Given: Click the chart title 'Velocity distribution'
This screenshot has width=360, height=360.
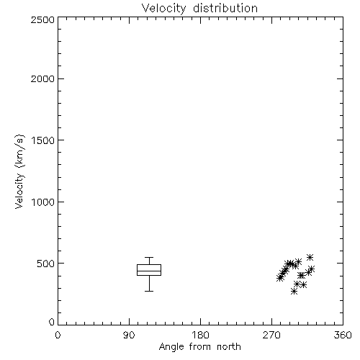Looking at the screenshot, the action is pyautogui.click(x=199, y=9).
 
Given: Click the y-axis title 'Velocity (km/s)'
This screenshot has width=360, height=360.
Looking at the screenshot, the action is pyautogui.click(x=19, y=171).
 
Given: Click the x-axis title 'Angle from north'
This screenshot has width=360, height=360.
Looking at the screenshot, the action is pyautogui.click(x=199, y=347).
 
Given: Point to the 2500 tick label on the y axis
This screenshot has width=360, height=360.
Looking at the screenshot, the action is pyautogui.click(x=42, y=19).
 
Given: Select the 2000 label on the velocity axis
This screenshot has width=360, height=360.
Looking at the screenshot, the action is pyautogui.click(x=42, y=78).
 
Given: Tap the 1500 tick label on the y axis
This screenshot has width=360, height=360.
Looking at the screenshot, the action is pyautogui.click(x=43, y=140).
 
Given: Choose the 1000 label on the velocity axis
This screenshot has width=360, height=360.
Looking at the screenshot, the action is pyautogui.click(x=43, y=202).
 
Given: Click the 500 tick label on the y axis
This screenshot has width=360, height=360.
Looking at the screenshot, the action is pyautogui.click(x=46, y=264).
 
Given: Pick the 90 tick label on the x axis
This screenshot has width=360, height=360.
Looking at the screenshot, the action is pyautogui.click(x=129, y=335).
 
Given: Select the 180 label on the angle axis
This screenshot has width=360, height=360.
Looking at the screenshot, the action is pyautogui.click(x=200, y=335).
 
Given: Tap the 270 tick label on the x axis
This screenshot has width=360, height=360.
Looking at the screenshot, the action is pyautogui.click(x=271, y=335).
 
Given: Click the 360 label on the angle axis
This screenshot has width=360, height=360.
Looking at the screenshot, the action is pyautogui.click(x=343, y=335).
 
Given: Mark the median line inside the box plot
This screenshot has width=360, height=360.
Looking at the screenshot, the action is pyautogui.click(x=149, y=271).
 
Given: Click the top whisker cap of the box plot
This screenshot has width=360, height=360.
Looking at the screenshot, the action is pyautogui.click(x=149, y=258).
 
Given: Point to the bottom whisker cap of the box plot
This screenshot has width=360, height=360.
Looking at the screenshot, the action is pyautogui.click(x=149, y=291).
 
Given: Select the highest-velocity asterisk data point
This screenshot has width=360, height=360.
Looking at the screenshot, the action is pyautogui.click(x=310, y=257).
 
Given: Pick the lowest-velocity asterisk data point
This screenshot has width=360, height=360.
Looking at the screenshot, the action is pyautogui.click(x=294, y=292).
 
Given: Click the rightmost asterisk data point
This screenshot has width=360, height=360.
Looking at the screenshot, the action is pyautogui.click(x=311, y=269).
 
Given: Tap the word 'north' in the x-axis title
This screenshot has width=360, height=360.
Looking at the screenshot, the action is pyautogui.click(x=229, y=347).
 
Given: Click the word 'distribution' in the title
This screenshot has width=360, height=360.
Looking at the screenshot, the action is pyautogui.click(x=225, y=8).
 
